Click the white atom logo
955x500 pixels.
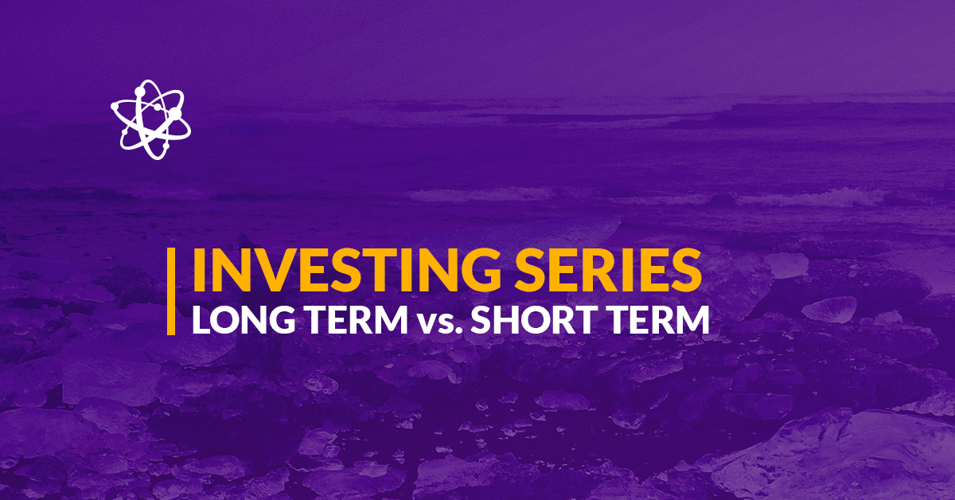pyautogui.click(x=150, y=120)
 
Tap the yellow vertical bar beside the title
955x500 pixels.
pyautogui.click(x=171, y=291)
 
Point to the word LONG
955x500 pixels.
pyautogui.click(x=244, y=319)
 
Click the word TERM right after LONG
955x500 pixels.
pyautogui.click(x=357, y=319)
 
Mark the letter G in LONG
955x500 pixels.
pyautogui.click(x=282, y=319)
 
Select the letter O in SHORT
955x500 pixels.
pyautogui.click(x=540, y=319)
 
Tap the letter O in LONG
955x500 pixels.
pyautogui.click(x=226, y=319)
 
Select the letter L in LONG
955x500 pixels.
pyautogui.click(x=201, y=319)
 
